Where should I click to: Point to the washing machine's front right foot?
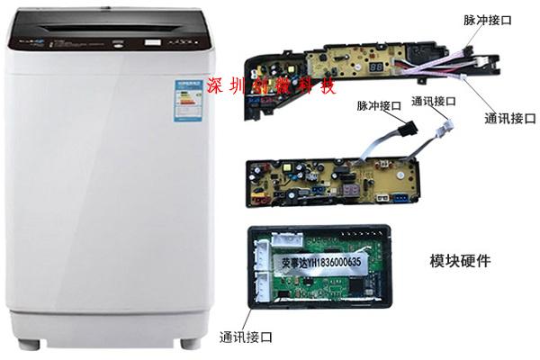[188, 343]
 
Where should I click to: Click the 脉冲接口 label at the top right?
[489, 19]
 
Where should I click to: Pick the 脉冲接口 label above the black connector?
[379, 106]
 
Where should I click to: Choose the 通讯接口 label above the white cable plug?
[435, 101]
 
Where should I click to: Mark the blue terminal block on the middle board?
[385, 196]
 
